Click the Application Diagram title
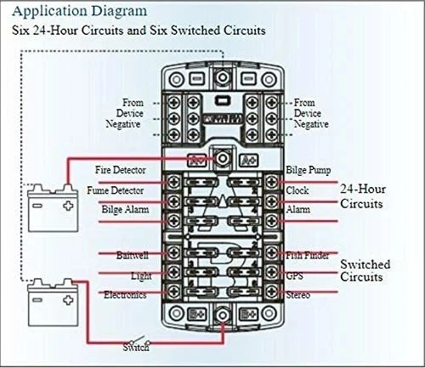point(74,11)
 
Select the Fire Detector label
point(126,171)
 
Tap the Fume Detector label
point(116,190)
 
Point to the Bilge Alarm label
point(125,209)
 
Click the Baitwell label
point(134,254)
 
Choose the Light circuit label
point(141,276)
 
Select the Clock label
point(297,190)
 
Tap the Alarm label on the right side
point(297,209)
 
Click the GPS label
point(294,276)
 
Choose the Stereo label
point(297,295)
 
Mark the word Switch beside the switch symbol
point(136,346)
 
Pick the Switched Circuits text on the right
point(366,270)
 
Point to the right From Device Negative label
point(309,113)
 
